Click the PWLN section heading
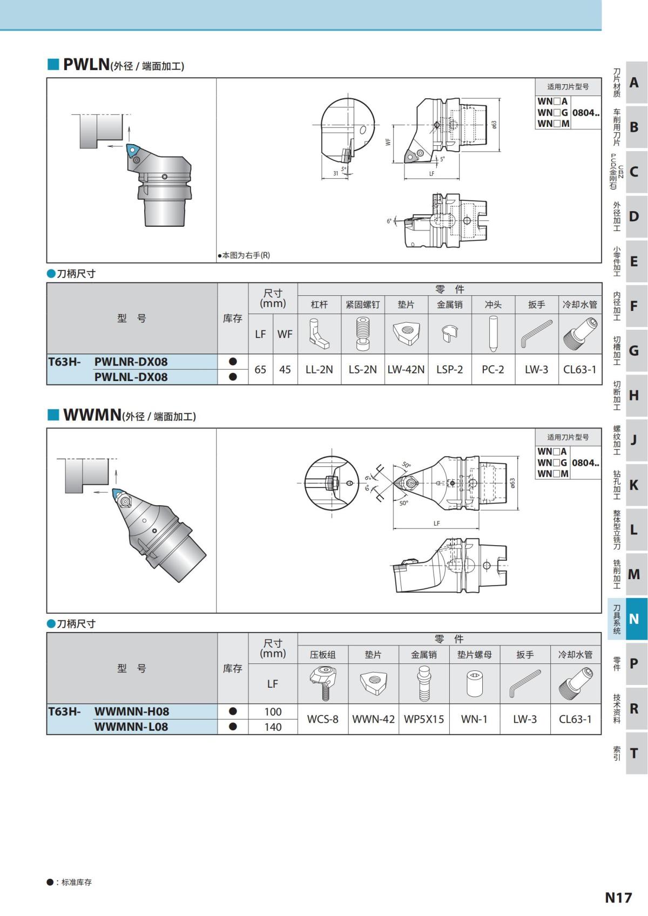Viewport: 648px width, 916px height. coord(86,64)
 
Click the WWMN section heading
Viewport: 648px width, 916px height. coord(92,415)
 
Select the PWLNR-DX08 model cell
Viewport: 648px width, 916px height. coord(131,362)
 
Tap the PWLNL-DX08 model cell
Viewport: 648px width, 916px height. coord(131,377)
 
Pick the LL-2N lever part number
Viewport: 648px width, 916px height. coord(319,370)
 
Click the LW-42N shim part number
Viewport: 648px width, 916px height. coord(406,370)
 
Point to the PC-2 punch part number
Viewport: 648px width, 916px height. coord(492,370)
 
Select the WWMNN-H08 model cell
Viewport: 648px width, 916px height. coord(131,711)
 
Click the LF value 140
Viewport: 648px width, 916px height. coord(273,727)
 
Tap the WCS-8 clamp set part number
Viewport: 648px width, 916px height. coord(322,720)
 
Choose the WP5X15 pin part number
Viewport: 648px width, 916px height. coord(424,720)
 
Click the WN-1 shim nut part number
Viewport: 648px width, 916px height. coord(474,720)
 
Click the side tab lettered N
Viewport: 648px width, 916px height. coord(634,619)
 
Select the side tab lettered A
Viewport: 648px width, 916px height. coord(634,83)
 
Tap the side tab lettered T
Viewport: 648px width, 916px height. coord(634,753)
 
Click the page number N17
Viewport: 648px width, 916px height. coord(618,898)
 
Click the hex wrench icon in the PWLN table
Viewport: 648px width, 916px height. coord(536,334)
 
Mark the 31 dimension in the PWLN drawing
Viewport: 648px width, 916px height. coord(335,173)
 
